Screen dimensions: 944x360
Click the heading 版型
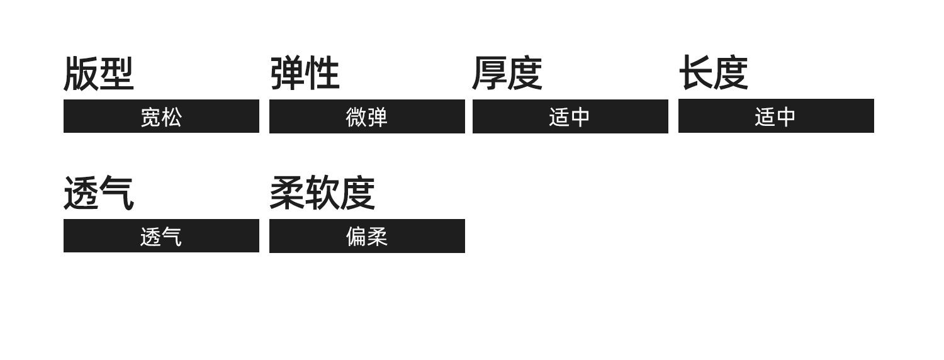click(98, 74)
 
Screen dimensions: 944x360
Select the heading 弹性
click(305, 74)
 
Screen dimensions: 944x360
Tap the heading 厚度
click(507, 74)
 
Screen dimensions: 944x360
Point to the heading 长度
click(714, 74)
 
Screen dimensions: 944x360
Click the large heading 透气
click(98, 193)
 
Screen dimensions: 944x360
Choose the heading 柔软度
click(322, 193)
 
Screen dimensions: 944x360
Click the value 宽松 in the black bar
click(161, 117)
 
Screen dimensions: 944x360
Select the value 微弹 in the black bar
click(367, 117)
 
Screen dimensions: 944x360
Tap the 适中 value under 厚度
click(570, 117)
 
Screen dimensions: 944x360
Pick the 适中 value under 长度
click(775, 117)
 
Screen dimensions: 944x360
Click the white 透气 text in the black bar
click(161, 237)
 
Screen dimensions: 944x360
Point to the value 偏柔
click(367, 237)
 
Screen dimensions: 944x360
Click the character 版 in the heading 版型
click(81, 74)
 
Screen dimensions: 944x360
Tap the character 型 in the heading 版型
click(116, 74)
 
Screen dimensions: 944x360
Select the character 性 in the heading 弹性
click(322, 74)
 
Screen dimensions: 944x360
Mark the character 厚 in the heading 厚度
click(490, 74)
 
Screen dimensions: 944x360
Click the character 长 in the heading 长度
click(696, 74)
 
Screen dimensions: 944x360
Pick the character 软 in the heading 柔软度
click(322, 193)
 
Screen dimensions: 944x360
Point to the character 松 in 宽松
click(172, 117)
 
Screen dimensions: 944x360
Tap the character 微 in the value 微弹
click(356, 117)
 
